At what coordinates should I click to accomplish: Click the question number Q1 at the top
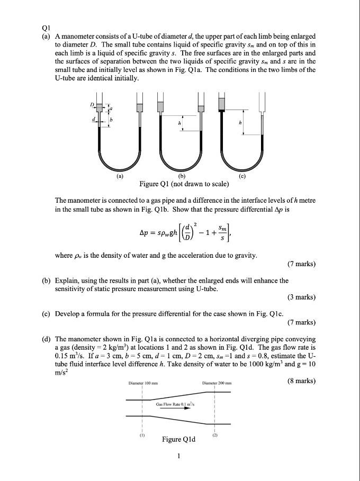46,28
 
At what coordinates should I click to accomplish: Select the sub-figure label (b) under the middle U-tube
182,175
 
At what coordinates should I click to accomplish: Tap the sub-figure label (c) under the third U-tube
242,175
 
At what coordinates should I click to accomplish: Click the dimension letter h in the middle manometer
179,124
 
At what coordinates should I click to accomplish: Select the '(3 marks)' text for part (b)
301,297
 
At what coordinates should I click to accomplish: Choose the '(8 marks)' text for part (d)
301,380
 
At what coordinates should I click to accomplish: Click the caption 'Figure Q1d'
178,439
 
